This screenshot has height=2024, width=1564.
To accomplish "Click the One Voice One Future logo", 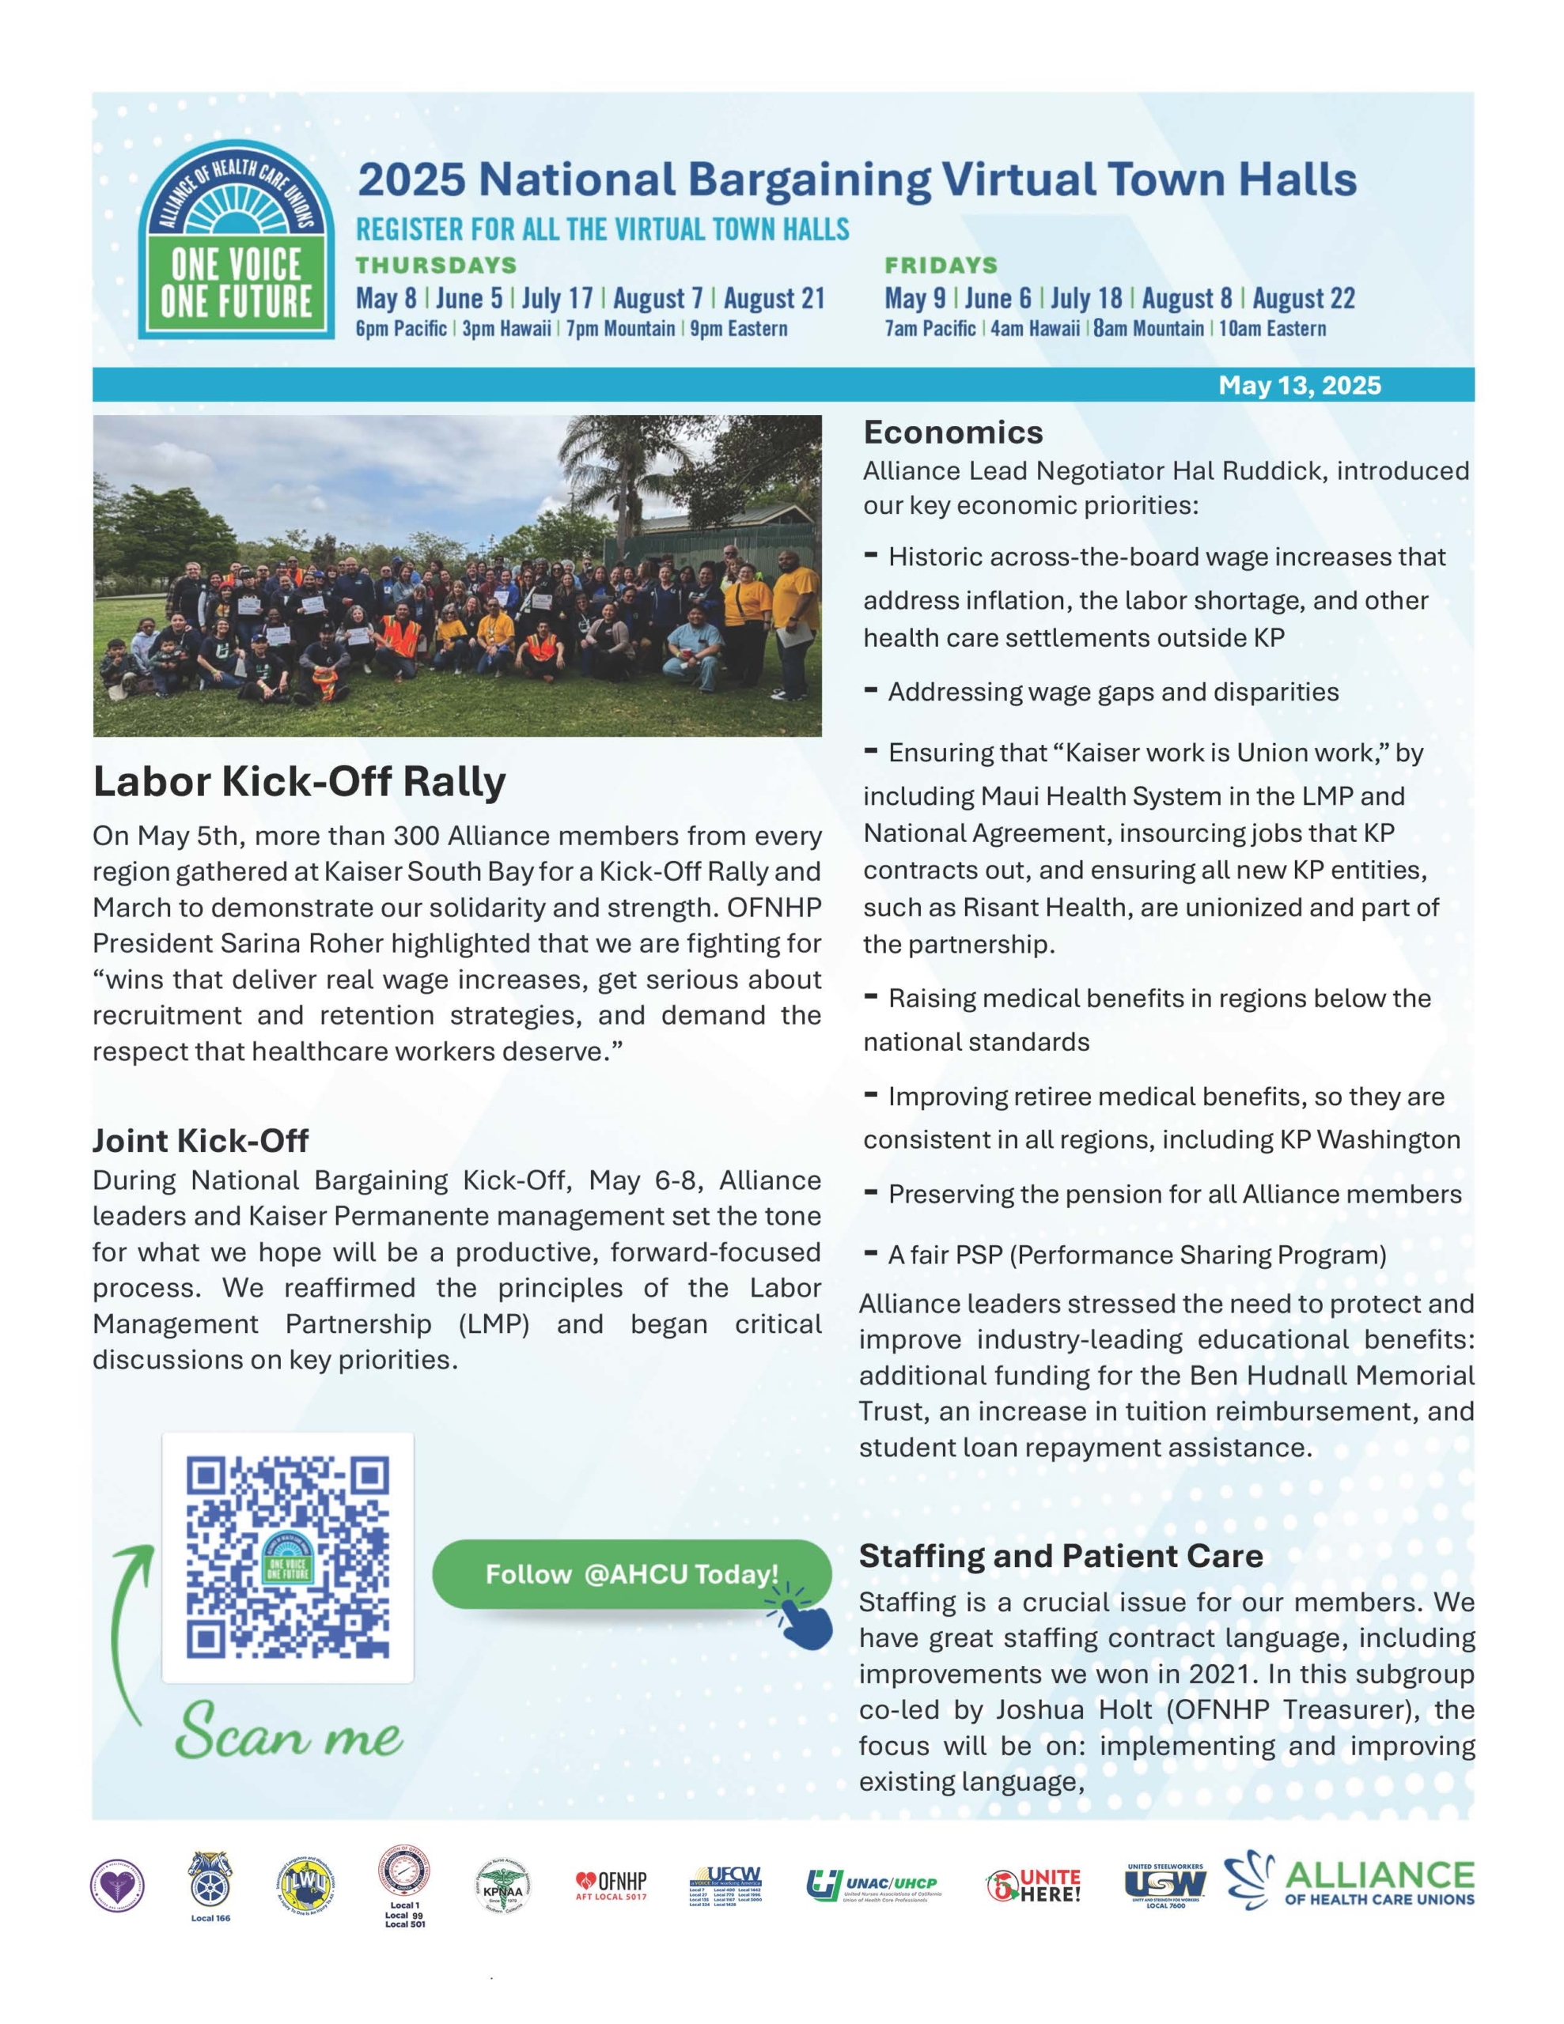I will (x=237, y=241).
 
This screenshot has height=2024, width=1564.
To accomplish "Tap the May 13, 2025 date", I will (x=1299, y=386).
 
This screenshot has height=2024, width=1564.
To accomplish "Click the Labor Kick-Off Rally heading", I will (x=300, y=782).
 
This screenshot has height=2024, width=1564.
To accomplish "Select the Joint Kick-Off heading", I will (x=200, y=1140).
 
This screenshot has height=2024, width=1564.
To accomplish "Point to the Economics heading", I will (x=953, y=432).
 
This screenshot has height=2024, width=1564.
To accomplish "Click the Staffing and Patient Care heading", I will (x=1061, y=1555).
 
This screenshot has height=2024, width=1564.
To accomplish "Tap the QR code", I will (x=287, y=1558).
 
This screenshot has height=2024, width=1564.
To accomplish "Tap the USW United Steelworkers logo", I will (x=1165, y=1885).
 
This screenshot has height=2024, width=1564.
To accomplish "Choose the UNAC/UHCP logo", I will (x=873, y=1885).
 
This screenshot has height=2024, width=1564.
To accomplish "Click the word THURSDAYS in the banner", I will (x=436, y=266).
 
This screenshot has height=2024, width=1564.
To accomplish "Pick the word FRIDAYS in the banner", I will (x=941, y=266).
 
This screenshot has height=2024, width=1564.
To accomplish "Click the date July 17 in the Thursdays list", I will (x=556, y=298).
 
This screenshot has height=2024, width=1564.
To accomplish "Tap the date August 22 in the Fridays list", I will (x=1304, y=298).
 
